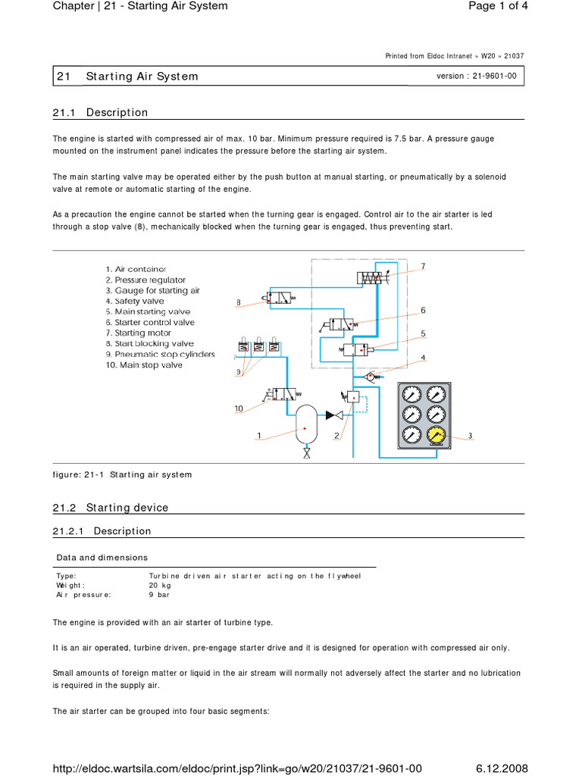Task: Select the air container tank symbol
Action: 305,426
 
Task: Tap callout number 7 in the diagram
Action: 424,266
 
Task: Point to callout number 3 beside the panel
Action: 470,436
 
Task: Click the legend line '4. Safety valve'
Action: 135,301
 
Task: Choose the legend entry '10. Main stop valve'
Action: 144,365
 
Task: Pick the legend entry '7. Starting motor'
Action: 138,333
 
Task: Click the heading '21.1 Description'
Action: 101,113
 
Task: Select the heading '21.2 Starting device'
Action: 111,507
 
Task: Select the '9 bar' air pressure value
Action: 159,595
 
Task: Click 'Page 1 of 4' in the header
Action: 497,7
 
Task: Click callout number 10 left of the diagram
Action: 238,408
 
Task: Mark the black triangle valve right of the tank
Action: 330,415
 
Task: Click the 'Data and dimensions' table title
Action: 102,558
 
